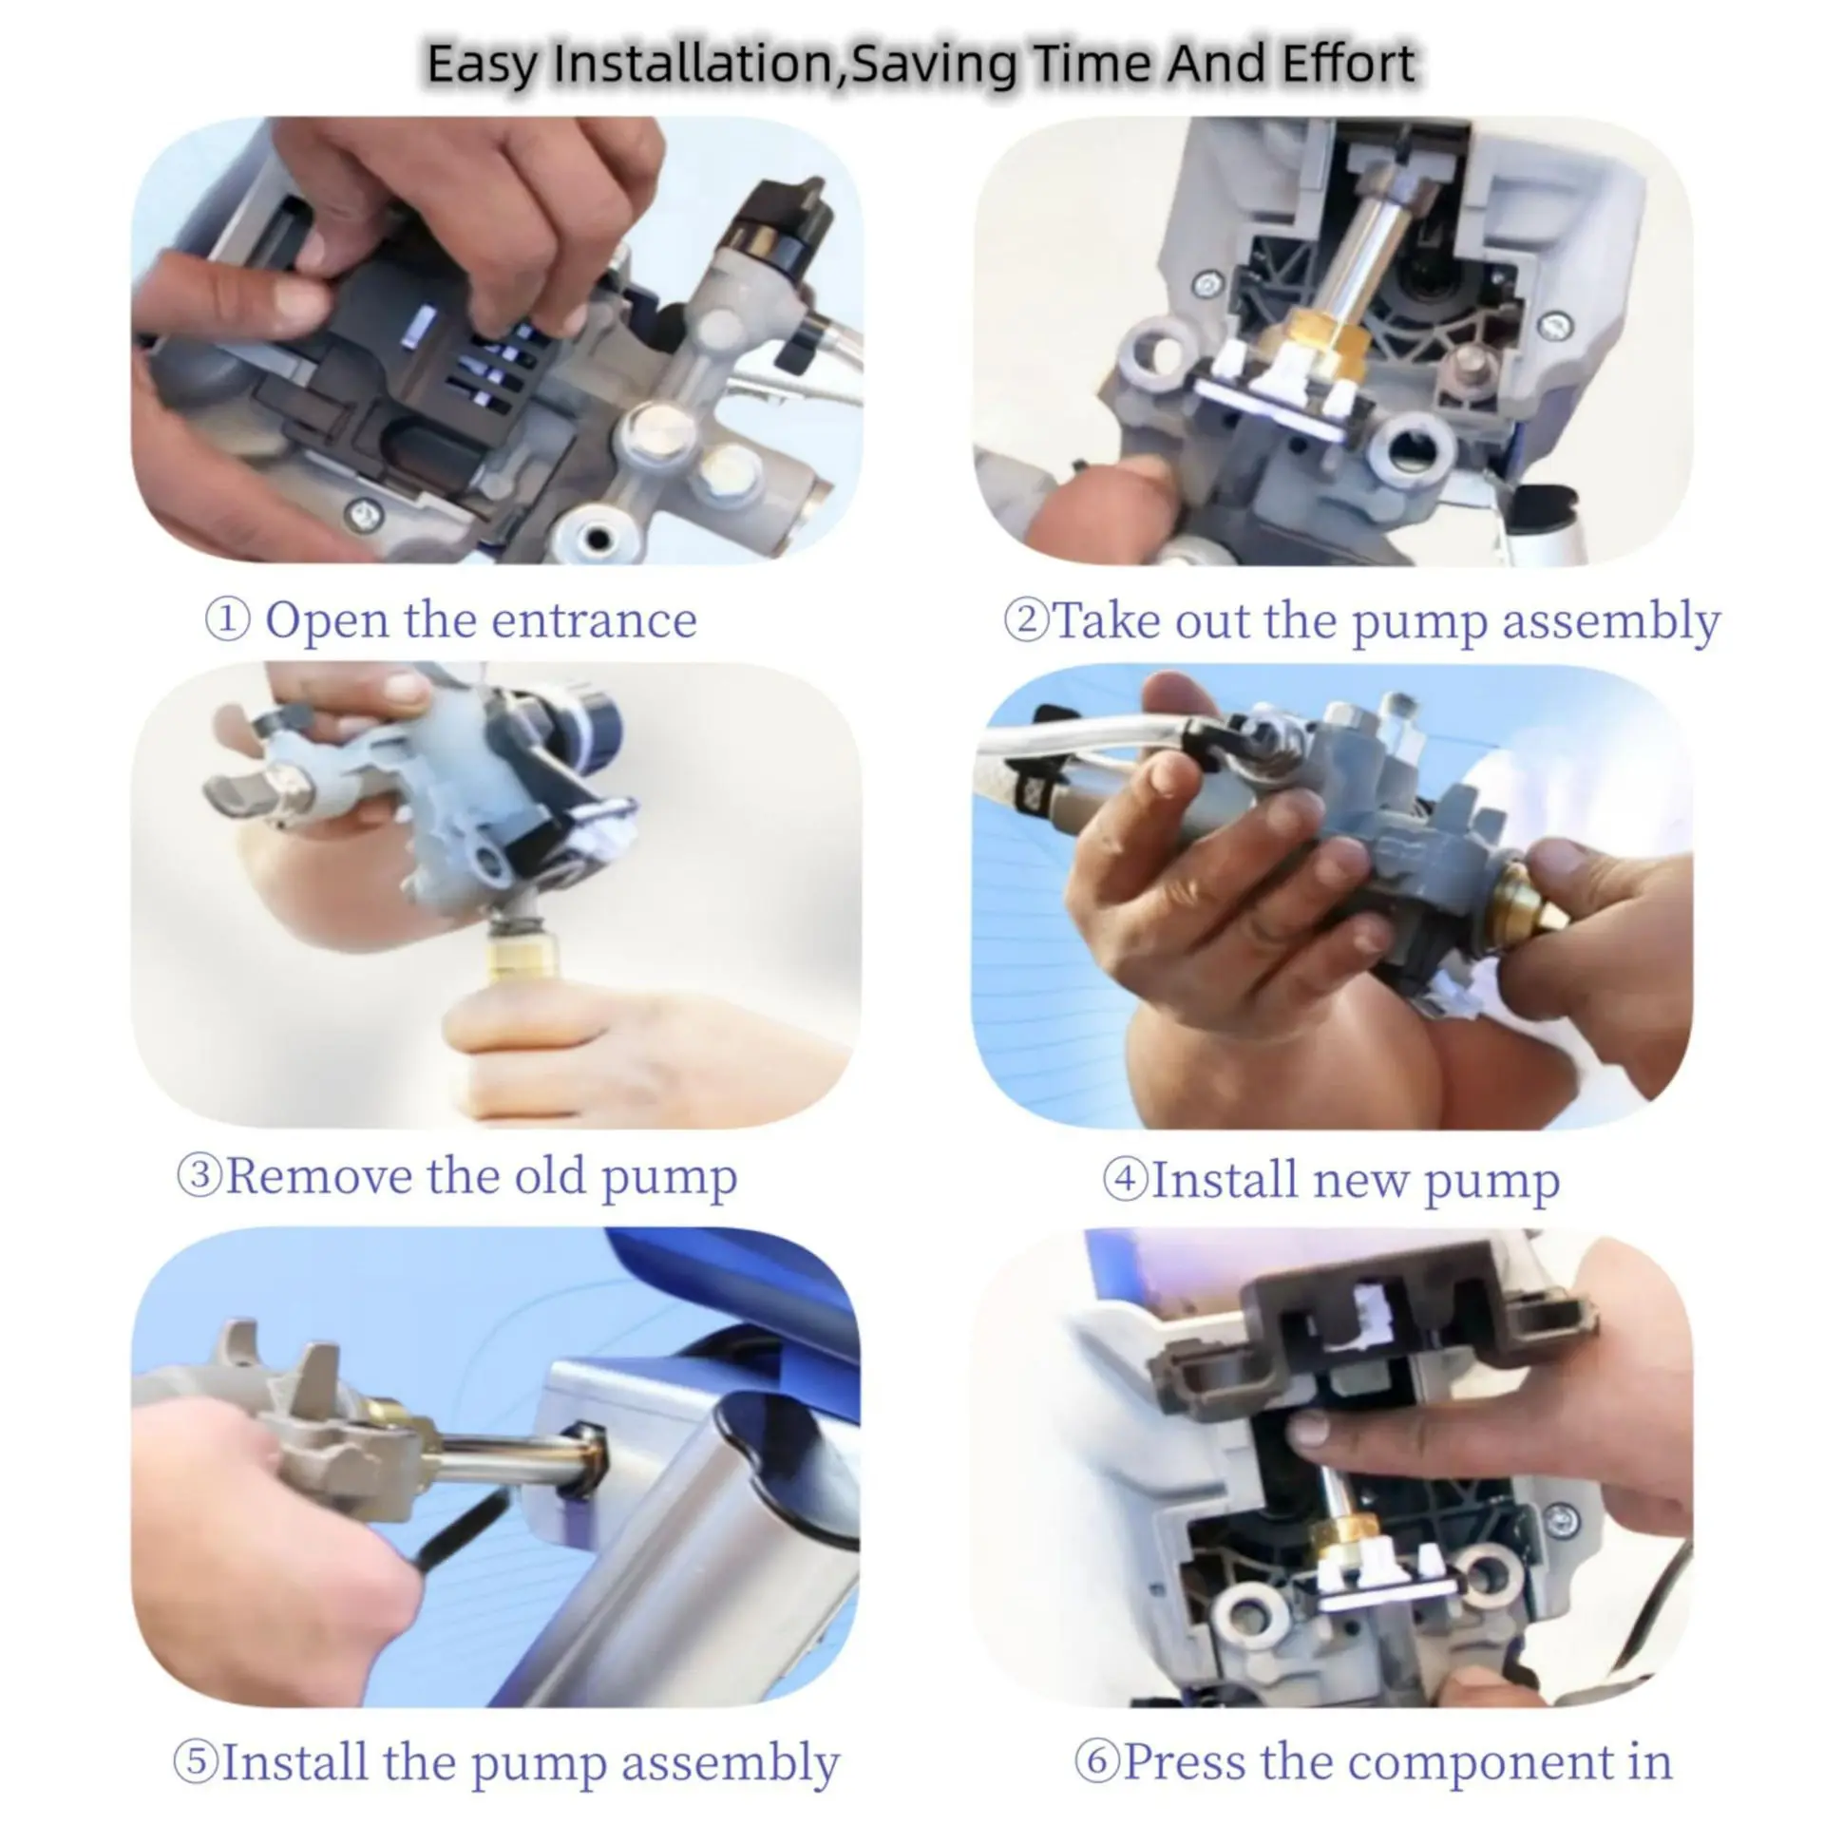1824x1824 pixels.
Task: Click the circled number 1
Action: [227, 619]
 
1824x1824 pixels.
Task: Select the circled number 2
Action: [1026, 619]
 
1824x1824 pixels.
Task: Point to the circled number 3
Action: [199, 1175]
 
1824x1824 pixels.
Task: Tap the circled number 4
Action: [1125, 1179]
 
